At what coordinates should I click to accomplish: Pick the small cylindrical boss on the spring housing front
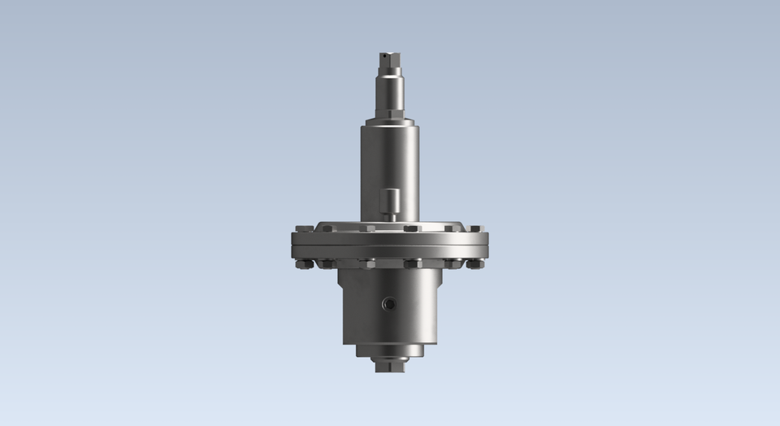tap(391, 199)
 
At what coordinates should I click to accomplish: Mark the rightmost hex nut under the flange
tap(476, 263)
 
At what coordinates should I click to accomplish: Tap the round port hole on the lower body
tap(388, 304)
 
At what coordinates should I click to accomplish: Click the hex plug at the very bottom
tap(389, 366)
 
